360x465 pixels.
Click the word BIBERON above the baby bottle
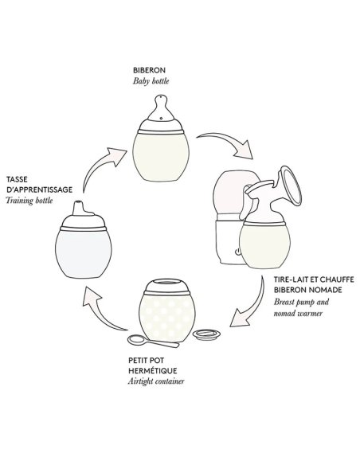149,70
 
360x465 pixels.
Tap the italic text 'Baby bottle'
151,81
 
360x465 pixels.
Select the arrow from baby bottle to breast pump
225,143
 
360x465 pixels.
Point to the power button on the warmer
237,252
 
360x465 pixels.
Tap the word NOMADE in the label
324,290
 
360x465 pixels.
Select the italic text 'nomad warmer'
298,313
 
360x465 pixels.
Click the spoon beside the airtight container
153,341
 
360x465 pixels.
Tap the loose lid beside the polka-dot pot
206,334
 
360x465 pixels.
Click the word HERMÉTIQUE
153,371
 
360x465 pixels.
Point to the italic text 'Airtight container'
156,381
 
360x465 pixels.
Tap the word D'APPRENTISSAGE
40,190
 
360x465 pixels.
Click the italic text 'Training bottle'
29,201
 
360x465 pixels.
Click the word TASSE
17,179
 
